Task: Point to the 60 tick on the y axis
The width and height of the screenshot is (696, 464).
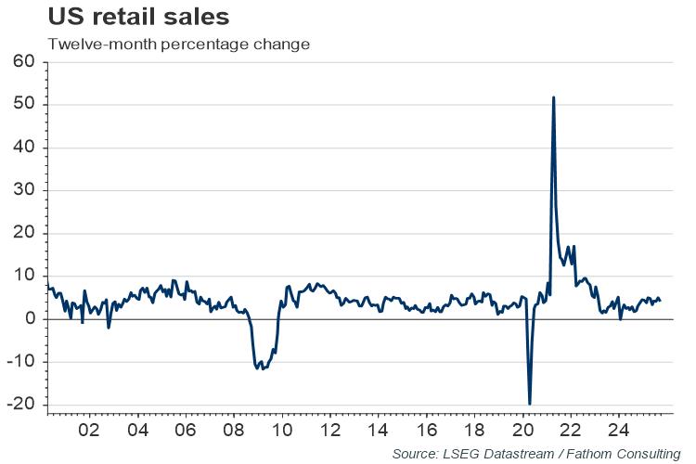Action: pyautogui.click(x=22, y=62)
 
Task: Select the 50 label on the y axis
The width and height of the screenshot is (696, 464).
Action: pyautogui.click(x=22, y=105)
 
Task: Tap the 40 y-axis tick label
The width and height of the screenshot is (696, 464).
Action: pyautogui.click(x=22, y=148)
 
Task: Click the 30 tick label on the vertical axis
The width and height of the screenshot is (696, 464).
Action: pyautogui.click(x=22, y=190)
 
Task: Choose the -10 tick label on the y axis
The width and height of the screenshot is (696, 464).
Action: pyautogui.click(x=19, y=361)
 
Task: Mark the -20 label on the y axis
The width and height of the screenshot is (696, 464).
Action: pyautogui.click(x=19, y=404)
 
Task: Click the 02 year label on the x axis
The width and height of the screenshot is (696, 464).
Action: pyautogui.click(x=89, y=432)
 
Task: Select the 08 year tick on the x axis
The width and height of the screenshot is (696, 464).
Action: pyautogui.click(x=234, y=432)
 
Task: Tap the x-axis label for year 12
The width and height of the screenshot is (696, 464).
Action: pyautogui.click(x=330, y=432)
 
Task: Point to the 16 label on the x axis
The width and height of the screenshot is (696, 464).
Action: pyautogui.click(x=427, y=432)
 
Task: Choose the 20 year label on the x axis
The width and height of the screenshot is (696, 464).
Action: pyautogui.click(x=523, y=432)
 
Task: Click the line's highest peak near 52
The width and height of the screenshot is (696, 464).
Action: pyautogui.click(x=554, y=97)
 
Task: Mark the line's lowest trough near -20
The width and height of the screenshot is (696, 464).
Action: pyautogui.click(x=530, y=404)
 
